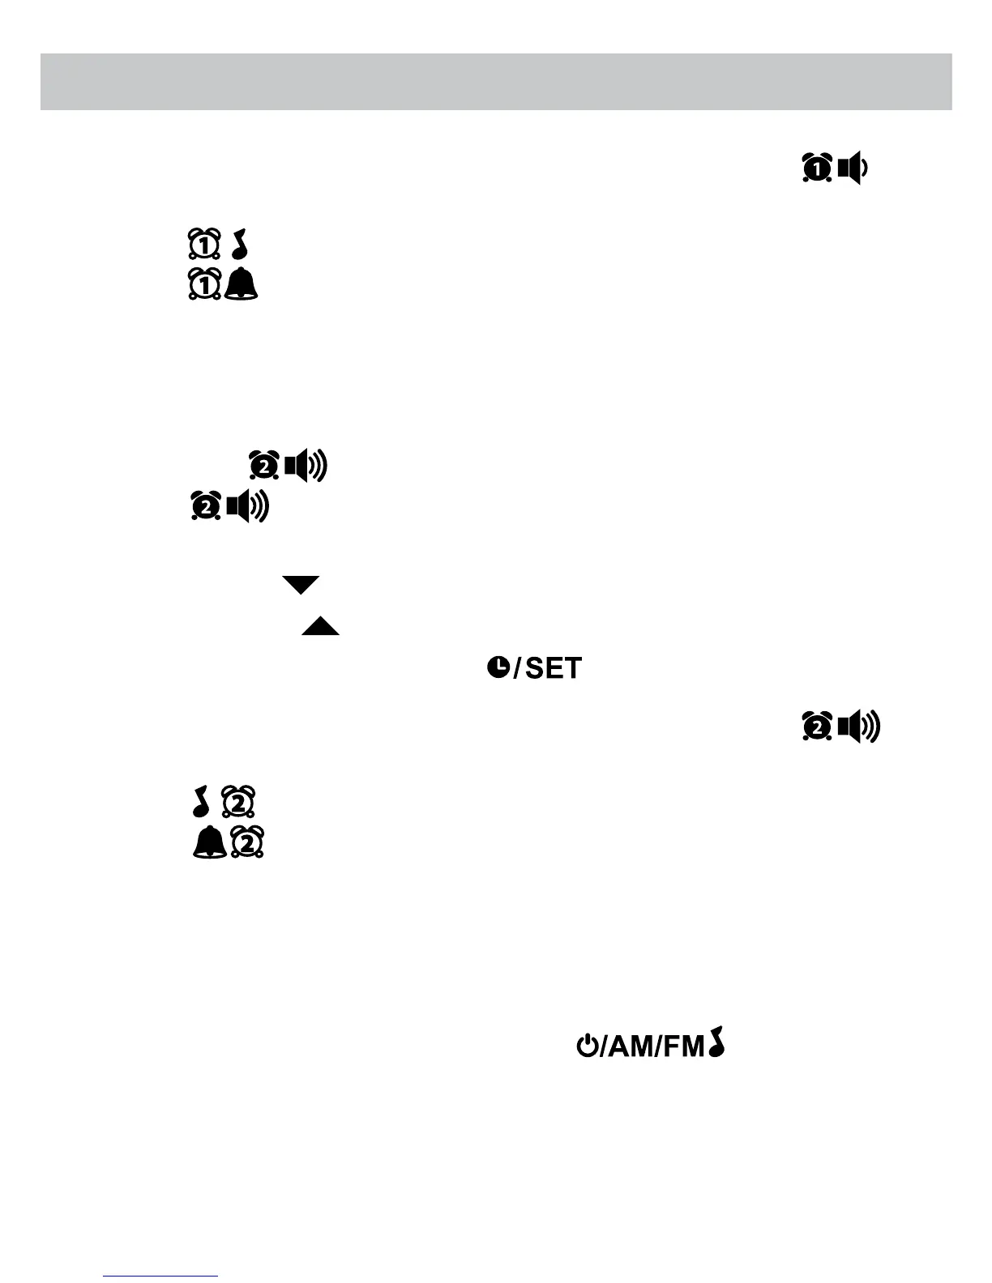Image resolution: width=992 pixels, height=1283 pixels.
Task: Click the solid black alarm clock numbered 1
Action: pos(817,168)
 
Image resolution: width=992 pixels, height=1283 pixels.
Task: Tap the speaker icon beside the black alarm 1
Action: pos(853,168)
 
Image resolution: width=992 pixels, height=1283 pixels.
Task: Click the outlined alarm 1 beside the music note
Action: pos(204,245)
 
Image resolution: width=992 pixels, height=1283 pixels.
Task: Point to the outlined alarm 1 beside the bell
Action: pos(204,284)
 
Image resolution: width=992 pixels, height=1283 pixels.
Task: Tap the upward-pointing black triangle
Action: pos(320,625)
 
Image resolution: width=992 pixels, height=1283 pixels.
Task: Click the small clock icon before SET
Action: pos(498,667)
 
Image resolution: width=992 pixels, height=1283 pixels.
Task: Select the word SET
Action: pos(554,668)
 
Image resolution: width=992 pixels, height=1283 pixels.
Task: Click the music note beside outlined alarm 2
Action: pos(202,801)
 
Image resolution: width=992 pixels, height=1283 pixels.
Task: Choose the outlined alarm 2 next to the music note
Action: pos(239,801)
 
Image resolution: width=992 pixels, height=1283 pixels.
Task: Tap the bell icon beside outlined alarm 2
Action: pos(209,843)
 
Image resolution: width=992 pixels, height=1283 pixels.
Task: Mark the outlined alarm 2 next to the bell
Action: pos(248,843)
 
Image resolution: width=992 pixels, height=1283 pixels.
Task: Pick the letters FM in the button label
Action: pos(683,1046)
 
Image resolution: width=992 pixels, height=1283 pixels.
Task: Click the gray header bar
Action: pos(496,82)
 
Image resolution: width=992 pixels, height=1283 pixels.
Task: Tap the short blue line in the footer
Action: pos(160,1276)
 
